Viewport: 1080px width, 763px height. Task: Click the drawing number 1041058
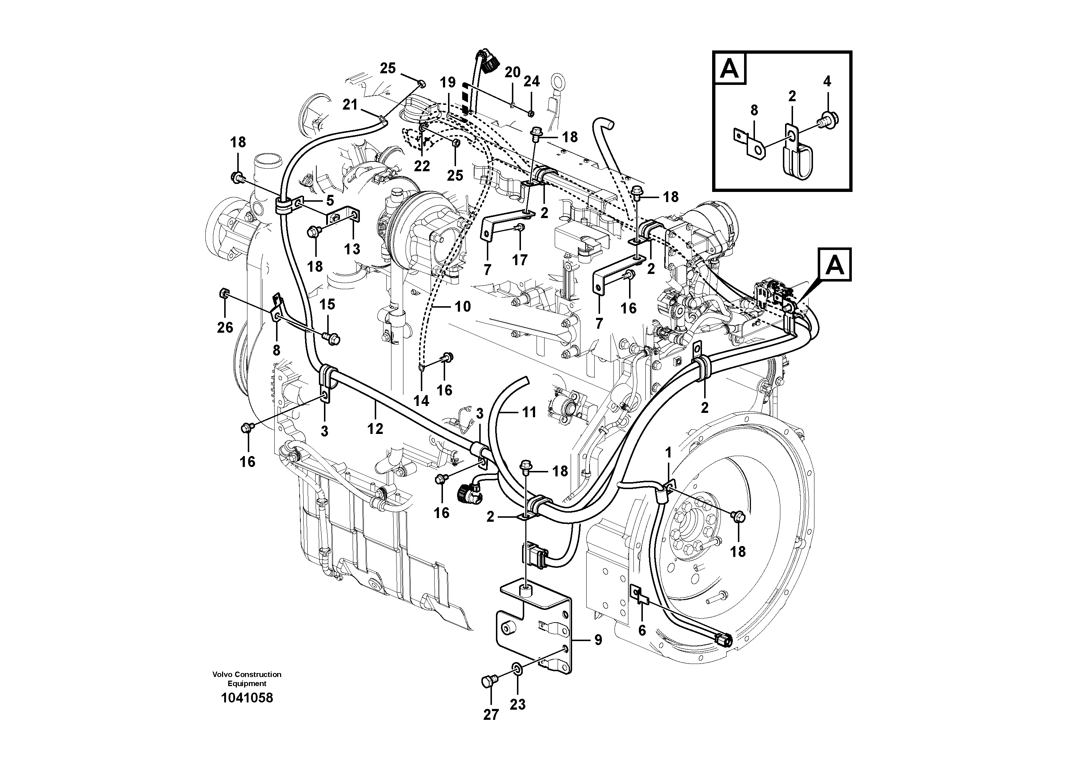246,698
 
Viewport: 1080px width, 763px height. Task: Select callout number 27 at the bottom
490,714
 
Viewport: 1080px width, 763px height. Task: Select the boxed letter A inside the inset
730,68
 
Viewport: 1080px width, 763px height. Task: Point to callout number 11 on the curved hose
529,413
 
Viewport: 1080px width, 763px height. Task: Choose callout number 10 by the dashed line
463,307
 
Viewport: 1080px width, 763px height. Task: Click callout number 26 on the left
225,327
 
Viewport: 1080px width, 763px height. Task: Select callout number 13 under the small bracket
352,249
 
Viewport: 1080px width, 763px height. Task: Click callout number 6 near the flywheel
642,630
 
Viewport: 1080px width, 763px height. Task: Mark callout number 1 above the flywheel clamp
668,453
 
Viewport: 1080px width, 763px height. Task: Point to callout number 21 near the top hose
350,104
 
